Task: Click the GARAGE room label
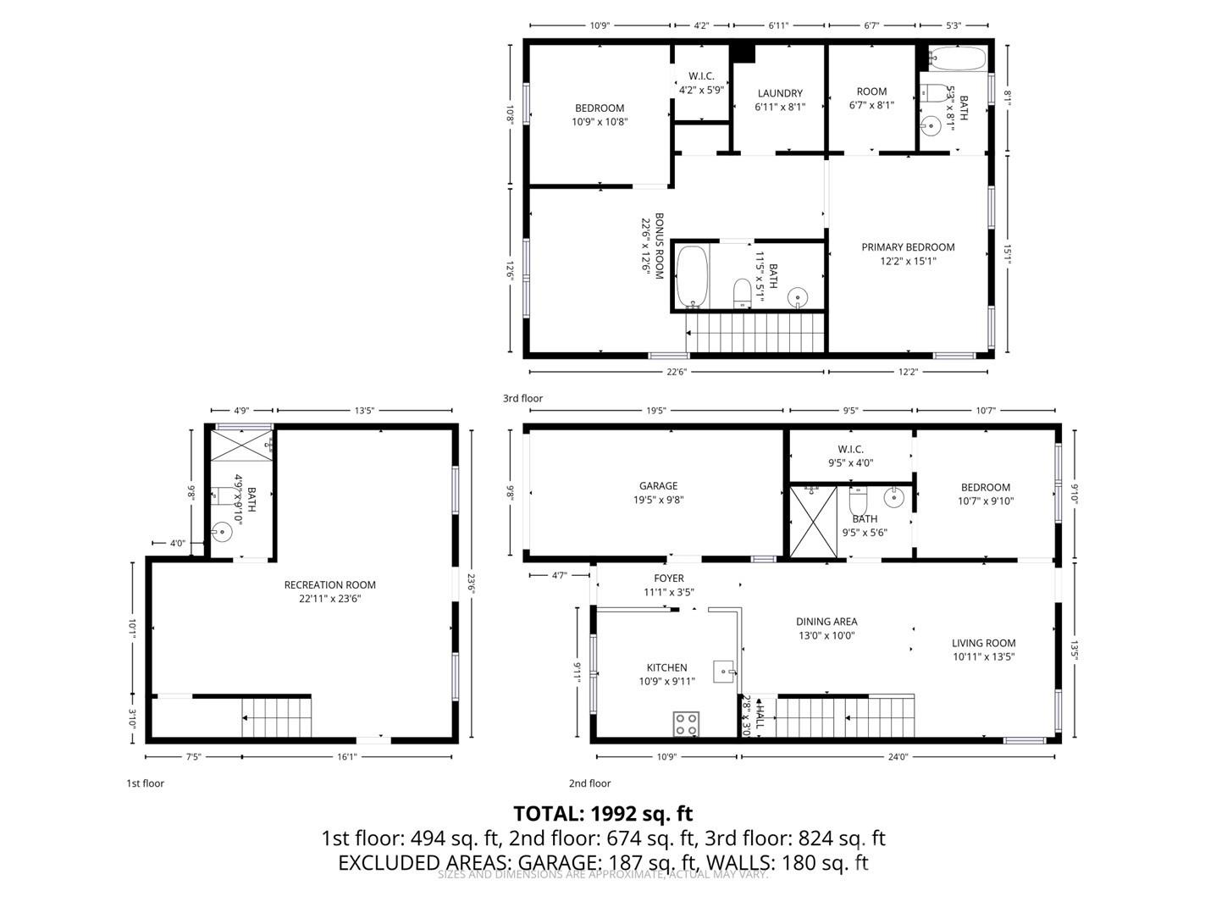click(658, 492)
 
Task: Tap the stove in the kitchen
click(687, 723)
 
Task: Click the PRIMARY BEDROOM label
click(908, 253)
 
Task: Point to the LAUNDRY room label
click(780, 100)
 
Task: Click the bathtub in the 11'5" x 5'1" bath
click(693, 276)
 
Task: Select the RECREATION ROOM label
click(329, 591)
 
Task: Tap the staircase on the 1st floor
click(277, 717)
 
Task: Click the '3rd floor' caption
click(522, 398)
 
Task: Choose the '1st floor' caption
click(145, 783)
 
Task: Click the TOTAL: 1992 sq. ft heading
click(603, 814)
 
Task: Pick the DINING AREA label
click(826, 628)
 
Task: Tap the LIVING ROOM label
click(983, 649)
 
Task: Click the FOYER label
click(669, 585)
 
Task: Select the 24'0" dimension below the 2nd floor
click(898, 757)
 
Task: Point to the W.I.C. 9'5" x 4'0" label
click(850, 456)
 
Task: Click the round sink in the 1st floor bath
click(222, 532)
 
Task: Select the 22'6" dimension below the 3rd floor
click(676, 371)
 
